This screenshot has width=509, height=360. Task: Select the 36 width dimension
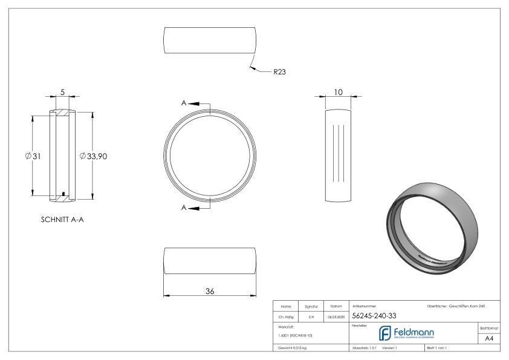(210, 290)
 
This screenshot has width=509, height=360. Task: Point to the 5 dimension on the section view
(62, 93)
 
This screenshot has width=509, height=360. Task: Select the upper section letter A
(184, 103)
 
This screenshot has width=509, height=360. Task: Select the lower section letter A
(184, 208)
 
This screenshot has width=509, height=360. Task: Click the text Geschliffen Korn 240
(470, 306)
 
